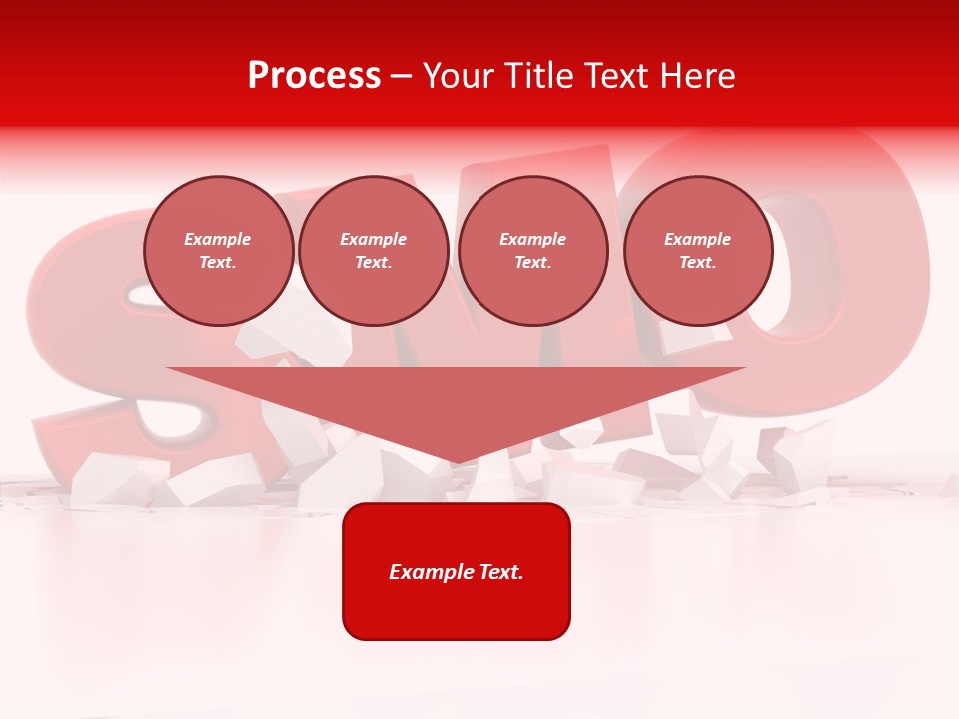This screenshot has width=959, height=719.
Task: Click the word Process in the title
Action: (x=314, y=76)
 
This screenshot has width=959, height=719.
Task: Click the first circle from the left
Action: (x=218, y=251)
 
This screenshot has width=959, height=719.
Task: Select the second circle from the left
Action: (x=374, y=251)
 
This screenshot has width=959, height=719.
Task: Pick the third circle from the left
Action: (x=533, y=251)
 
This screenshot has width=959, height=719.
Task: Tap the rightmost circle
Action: (x=698, y=251)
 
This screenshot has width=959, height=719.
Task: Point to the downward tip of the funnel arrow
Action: (x=457, y=461)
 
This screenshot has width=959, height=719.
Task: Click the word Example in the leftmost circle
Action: (x=218, y=239)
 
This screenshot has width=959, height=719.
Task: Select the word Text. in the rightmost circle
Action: (x=698, y=263)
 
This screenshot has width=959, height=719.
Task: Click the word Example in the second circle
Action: (x=374, y=239)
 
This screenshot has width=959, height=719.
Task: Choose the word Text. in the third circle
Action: (x=533, y=263)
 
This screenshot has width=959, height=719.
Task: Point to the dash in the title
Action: (x=402, y=76)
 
